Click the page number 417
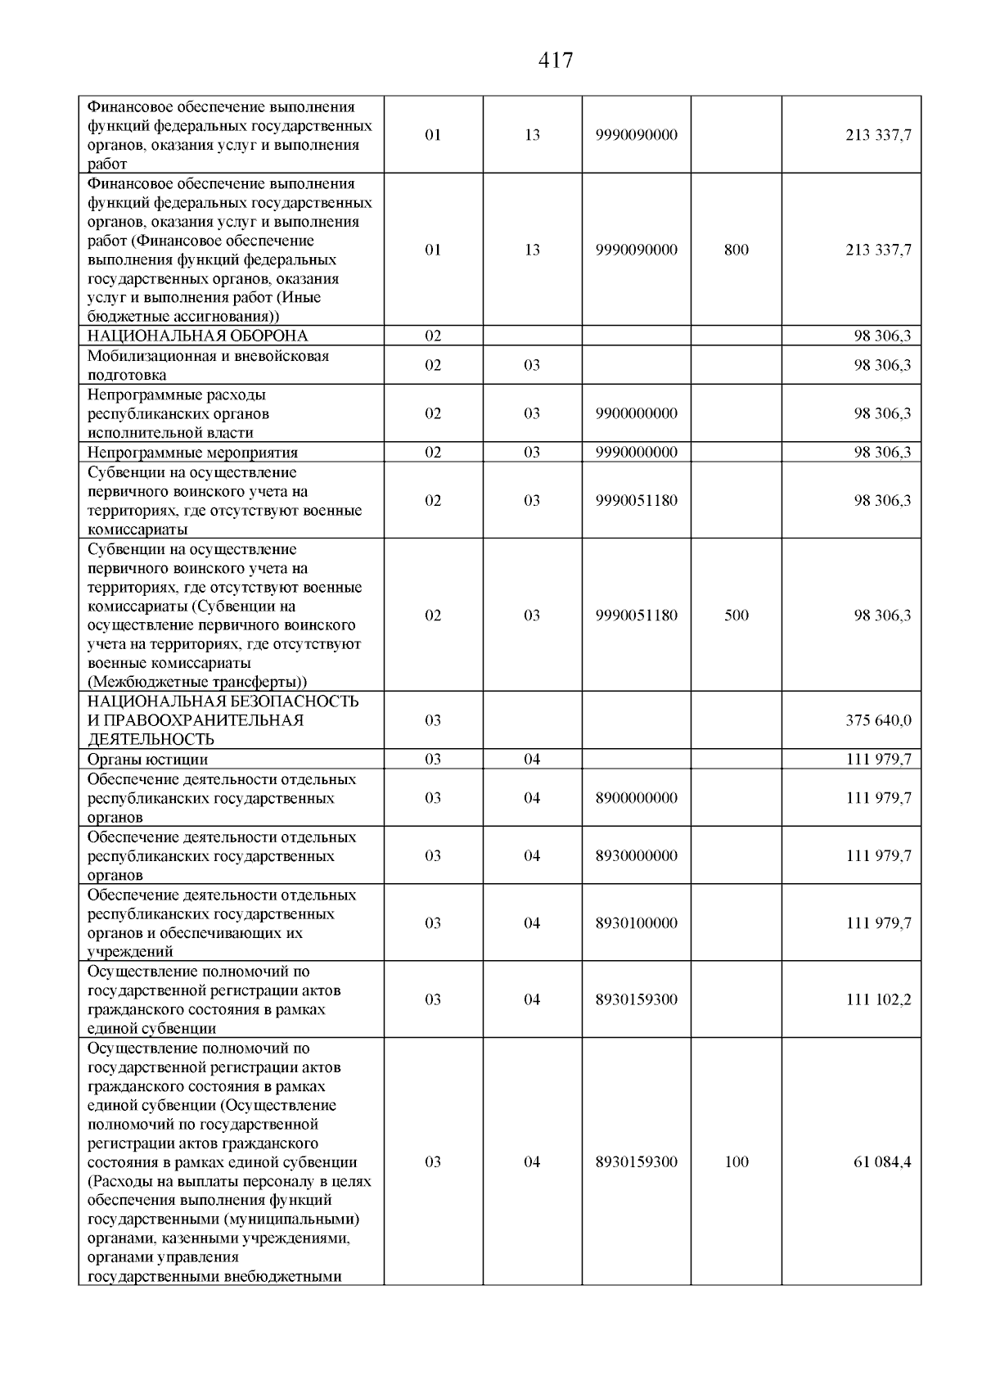click(x=556, y=60)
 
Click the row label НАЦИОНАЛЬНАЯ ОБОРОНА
click(x=198, y=336)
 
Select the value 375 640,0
click(x=878, y=720)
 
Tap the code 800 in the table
click(x=736, y=250)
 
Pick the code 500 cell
click(x=736, y=616)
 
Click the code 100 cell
click(x=736, y=1162)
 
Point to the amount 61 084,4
click(x=882, y=1162)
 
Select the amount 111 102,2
click(x=878, y=999)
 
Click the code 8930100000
click(x=637, y=923)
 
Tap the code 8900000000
click(x=637, y=798)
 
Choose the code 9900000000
click(x=637, y=413)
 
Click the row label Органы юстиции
click(x=148, y=759)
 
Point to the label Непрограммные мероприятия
click(x=193, y=453)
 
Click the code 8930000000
click(x=637, y=856)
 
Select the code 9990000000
click(x=637, y=453)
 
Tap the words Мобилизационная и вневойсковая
click(x=209, y=356)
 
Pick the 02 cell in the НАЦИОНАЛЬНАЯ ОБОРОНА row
click(x=434, y=336)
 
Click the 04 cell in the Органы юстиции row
click(x=532, y=759)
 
